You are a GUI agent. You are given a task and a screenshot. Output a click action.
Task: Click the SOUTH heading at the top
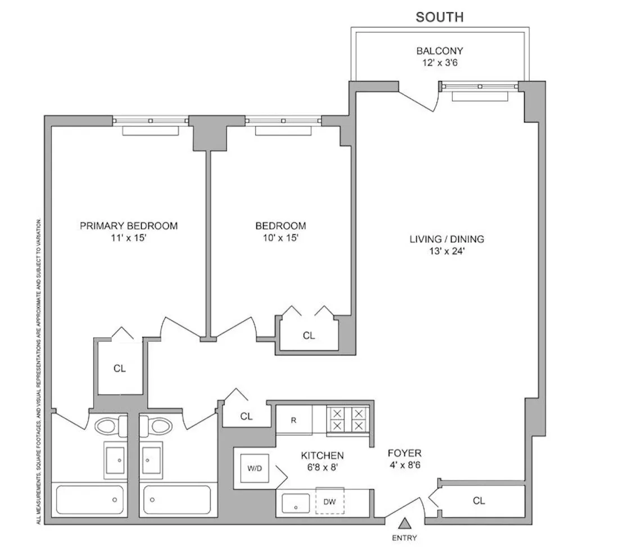click(439, 17)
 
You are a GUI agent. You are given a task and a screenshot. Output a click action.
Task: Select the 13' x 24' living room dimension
click(447, 251)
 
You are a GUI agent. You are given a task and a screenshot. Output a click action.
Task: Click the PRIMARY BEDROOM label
click(129, 226)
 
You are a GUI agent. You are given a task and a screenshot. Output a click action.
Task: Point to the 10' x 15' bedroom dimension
click(281, 238)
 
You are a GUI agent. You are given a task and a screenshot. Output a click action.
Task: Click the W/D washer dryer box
click(251, 468)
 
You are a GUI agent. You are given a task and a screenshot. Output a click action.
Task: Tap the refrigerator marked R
click(294, 419)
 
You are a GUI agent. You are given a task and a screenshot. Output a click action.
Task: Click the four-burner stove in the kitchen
click(346, 419)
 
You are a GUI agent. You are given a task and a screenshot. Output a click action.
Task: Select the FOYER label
click(404, 453)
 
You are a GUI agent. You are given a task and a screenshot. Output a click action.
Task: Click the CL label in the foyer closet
click(479, 500)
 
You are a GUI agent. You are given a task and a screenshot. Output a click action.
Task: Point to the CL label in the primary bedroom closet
click(119, 369)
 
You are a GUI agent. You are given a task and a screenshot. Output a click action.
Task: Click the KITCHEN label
click(322, 455)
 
